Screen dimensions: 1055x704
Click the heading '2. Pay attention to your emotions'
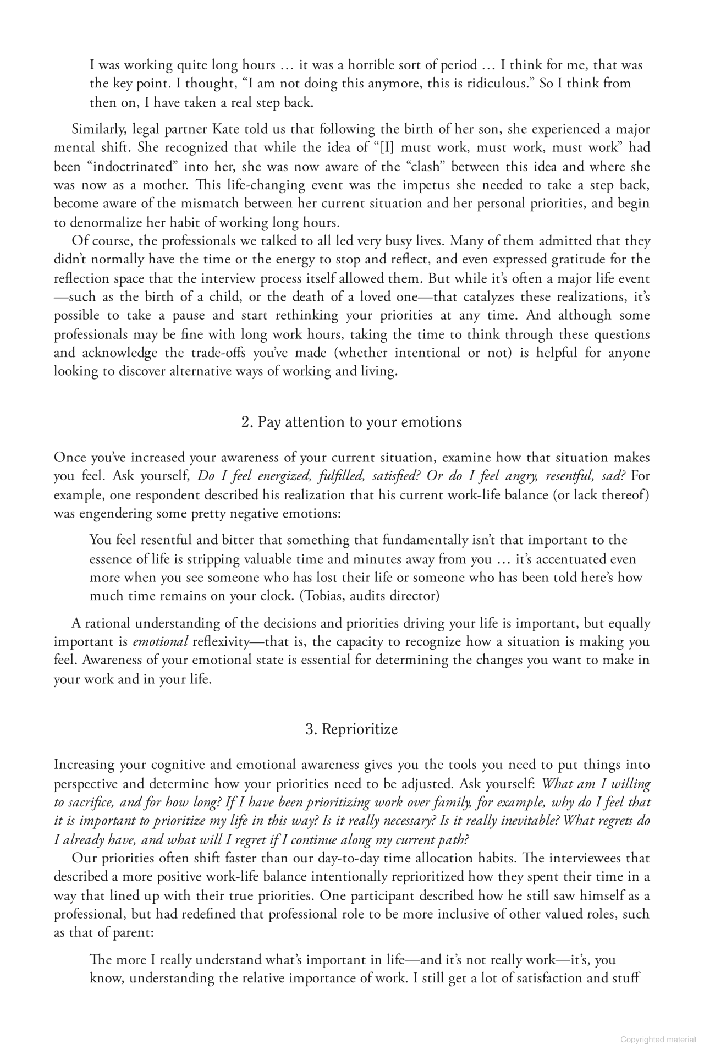[x=351, y=422]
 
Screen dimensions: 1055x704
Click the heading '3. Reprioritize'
[x=351, y=729]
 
